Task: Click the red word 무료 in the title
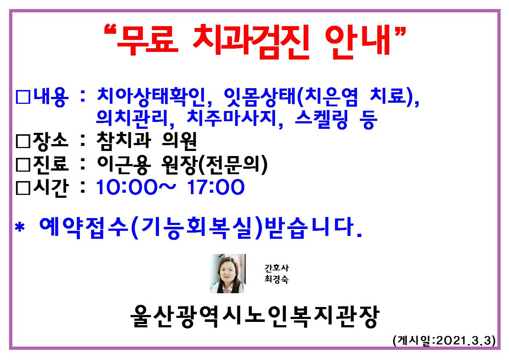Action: tap(147, 40)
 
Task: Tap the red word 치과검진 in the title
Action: tap(251, 42)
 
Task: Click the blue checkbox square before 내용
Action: tap(23, 97)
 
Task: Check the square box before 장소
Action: tap(23, 142)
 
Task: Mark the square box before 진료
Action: tap(23, 165)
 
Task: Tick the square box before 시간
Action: tap(23, 188)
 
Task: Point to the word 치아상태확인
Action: tap(151, 97)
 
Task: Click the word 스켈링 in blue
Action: tap(321, 119)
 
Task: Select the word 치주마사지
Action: tap(232, 119)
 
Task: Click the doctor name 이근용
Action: tap(124, 164)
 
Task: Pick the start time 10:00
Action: tap(127, 187)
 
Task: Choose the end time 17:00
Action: tap(215, 187)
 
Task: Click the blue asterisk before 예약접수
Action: tap(20, 227)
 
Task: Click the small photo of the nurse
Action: tap(228, 274)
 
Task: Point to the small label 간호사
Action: tap(276, 268)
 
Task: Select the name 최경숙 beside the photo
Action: tap(276, 279)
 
